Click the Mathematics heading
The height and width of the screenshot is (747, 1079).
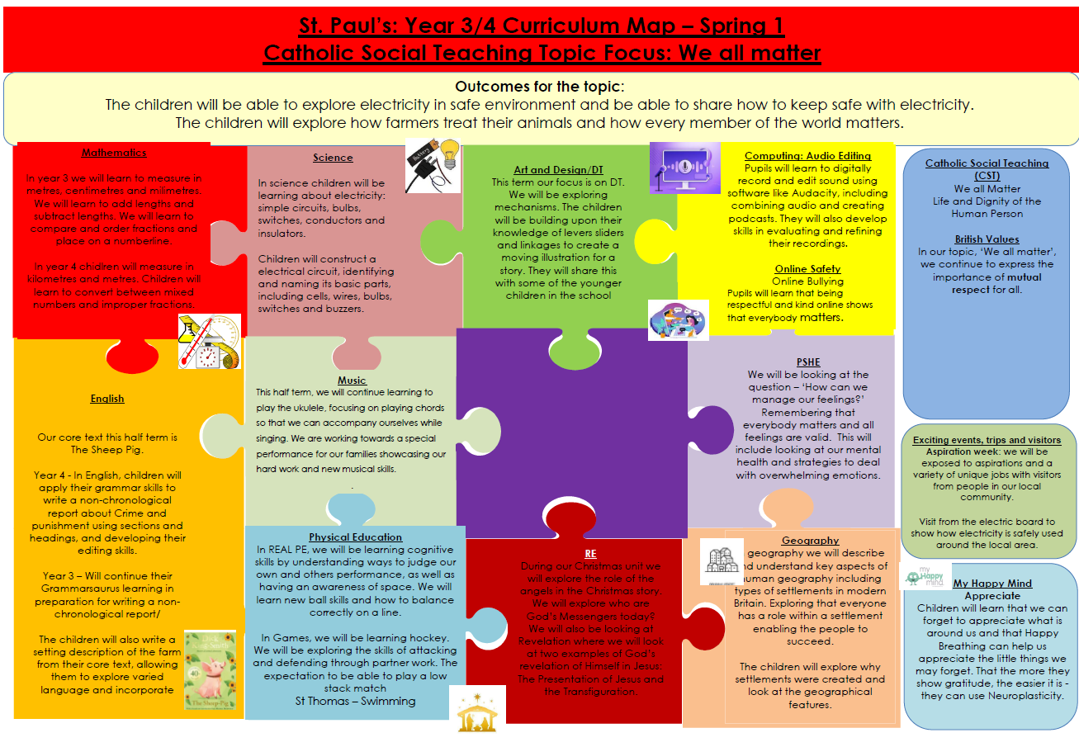pos(114,153)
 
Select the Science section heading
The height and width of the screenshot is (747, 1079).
pos(333,158)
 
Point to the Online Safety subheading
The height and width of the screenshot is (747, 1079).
pos(807,269)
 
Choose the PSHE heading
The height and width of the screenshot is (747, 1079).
pos(808,362)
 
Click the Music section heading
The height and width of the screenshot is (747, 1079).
pos(352,381)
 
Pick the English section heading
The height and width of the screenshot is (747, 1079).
pos(107,399)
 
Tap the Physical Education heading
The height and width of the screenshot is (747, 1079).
pos(355,537)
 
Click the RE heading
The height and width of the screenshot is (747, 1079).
pos(590,554)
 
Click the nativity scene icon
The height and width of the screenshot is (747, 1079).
pos(476,708)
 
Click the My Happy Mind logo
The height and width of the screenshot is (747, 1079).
pos(925,576)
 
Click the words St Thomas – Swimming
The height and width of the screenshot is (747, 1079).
pos(355,701)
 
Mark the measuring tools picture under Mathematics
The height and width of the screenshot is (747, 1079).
pos(210,341)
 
